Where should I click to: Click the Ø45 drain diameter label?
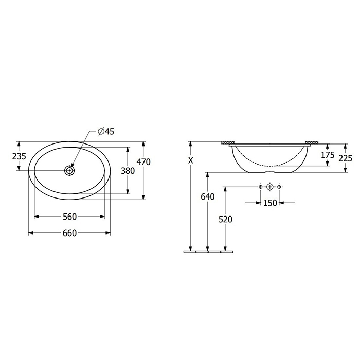tap(106, 131)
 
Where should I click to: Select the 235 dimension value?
tap(19, 156)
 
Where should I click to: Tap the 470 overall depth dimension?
tap(143, 162)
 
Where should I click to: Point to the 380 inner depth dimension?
tap(128, 171)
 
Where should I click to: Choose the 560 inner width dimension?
tap(69, 217)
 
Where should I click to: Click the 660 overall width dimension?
tap(69, 233)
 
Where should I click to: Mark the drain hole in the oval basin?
tap(69, 170)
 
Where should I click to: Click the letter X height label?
tap(191, 160)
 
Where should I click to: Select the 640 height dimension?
tap(208, 196)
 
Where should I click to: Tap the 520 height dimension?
tap(225, 220)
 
